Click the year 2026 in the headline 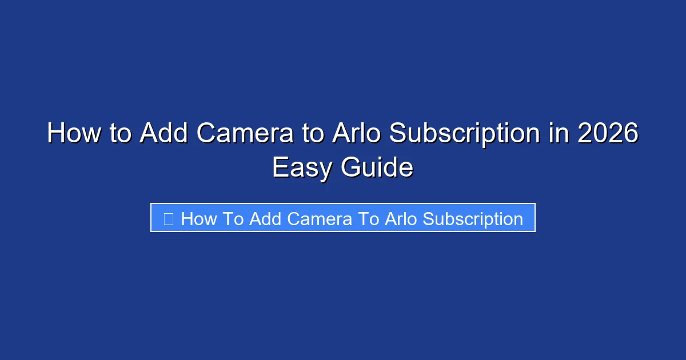(x=607, y=134)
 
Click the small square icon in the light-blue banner (x=168, y=219)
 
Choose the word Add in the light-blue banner (x=266, y=219)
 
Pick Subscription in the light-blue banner (x=473, y=219)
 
